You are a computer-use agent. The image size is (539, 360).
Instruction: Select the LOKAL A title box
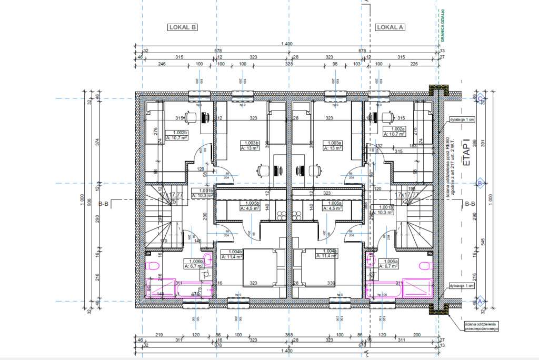coord(390,27)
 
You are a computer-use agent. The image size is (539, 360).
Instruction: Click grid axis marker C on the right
coord(480,98)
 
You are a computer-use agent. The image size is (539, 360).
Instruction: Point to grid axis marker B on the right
coord(480,183)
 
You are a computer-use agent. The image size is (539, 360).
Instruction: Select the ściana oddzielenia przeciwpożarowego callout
coord(481,326)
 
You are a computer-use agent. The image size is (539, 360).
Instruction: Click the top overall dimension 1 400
coord(286,43)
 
